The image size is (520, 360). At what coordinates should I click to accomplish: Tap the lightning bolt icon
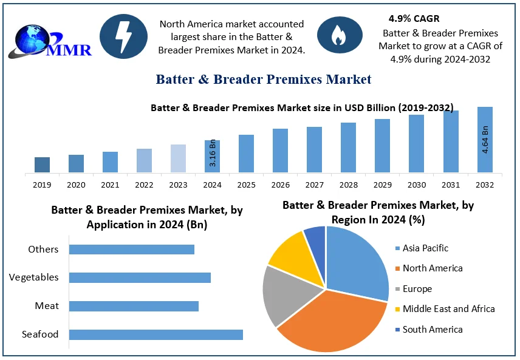click(123, 36)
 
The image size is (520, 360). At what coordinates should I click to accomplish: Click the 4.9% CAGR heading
click(414, 19)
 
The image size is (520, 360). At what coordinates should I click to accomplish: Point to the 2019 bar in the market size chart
click(42, 165)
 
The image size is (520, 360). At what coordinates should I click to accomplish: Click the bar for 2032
click(485, 140)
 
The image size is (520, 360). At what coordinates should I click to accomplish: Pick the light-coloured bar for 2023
click(178, 158)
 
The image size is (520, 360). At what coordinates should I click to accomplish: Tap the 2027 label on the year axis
click(314, 184)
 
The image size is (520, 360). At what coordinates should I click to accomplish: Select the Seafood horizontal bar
click(156, 335)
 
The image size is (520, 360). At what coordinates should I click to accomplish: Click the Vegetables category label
click(34, 277)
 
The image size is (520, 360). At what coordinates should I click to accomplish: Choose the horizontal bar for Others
click(131, 249)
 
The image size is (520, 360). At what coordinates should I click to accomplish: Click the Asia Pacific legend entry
click(425, 248)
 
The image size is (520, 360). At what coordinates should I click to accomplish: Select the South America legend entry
click(432, 329)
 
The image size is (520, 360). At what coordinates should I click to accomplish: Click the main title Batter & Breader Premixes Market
click(264, 80)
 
